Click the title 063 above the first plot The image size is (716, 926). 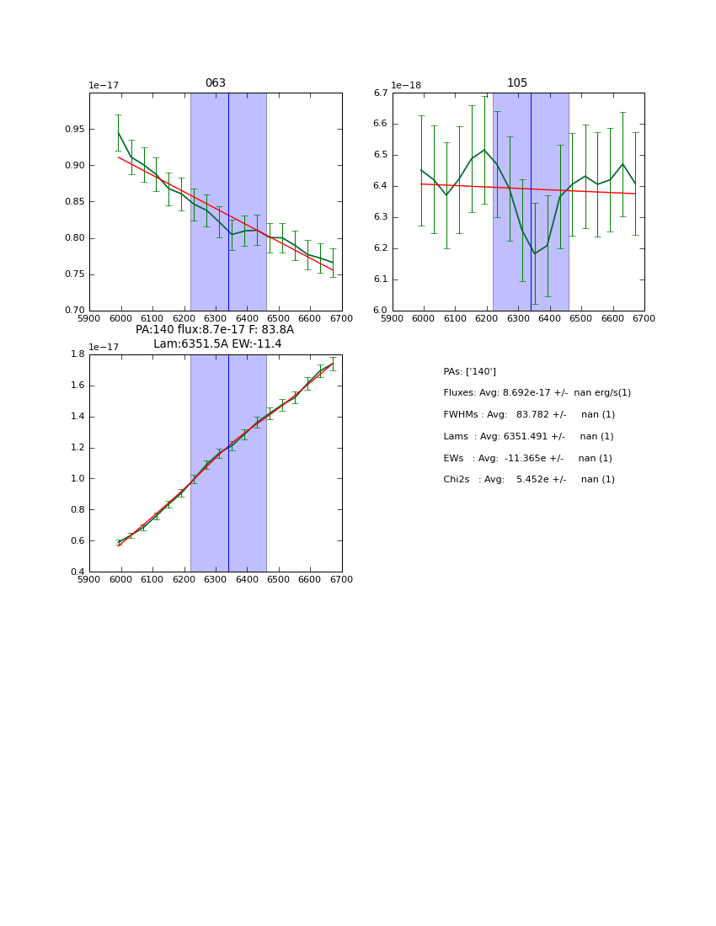[x=216, y=83]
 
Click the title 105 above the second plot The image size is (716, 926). [x=517, y=83]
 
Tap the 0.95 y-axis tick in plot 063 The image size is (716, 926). [x=73, y=130]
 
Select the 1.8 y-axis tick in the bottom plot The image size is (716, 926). [x=77, y=354]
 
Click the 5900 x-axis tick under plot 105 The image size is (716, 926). [x=393, y=317]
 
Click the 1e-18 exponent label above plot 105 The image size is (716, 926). [x=406, y=85]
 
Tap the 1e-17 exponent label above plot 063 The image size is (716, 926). [x=104, y=85]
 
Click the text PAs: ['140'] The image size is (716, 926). [x=470, y=371]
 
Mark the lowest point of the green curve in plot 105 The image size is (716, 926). [x=534, y=253]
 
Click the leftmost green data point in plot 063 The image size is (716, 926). [x=118, y=132]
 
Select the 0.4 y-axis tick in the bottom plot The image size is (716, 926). [x=77, y=572]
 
